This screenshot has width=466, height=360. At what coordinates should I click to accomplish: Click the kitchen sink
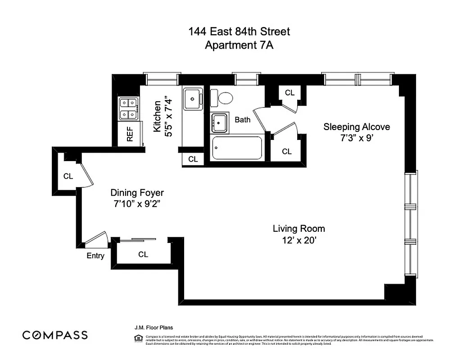pyautogui.click(x=193, y=98)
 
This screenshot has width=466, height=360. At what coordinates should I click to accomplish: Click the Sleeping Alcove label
pyautogui.click(x=357, y=127)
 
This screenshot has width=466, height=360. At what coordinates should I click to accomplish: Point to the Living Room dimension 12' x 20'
pyautogui.click(x=299, y=241)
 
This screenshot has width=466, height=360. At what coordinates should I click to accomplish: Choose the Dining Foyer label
pyautogui.click(x=137, y=193)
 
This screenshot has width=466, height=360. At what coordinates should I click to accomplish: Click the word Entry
pyautogui.click(x=95, y=256)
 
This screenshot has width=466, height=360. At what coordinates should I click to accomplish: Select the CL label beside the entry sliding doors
pyautogui.click(x=143, y=255)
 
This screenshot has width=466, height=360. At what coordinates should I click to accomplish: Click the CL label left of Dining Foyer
pyautogui.click(x=68, y=176)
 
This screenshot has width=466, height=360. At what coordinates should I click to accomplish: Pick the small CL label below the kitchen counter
pyautogui.click(x=193, y=159)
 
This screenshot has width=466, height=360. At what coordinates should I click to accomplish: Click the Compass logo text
pyautogui.click(x=55, y=335)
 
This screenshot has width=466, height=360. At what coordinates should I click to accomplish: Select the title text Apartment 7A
pyautogui.click(x=239, y=45)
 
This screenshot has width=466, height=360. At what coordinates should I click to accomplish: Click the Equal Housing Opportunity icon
pyautogui.click(x=140, y=338)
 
